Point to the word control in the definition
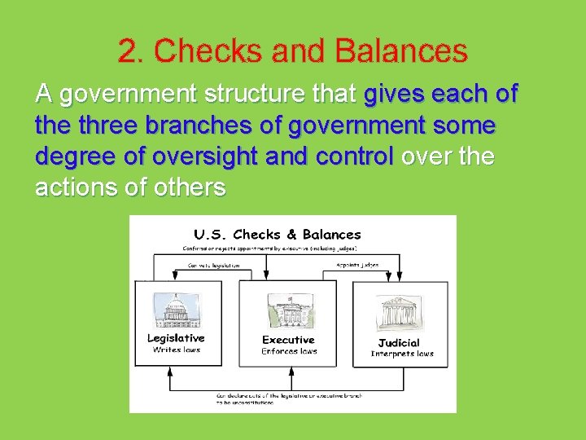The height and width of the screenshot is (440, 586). [x=353, y=156]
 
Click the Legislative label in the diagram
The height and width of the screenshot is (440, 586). [x=176, y=338]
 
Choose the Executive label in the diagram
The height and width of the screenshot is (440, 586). [x=288, y=340]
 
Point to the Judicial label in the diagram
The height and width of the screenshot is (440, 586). [x=400, y=342]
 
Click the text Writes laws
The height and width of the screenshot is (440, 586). [x=177, y=350]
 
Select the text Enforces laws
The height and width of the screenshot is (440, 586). [x=289, y=352]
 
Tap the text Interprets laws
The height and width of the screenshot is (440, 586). [x=402, y=354]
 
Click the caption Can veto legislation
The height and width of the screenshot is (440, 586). [x=214, y=266]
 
